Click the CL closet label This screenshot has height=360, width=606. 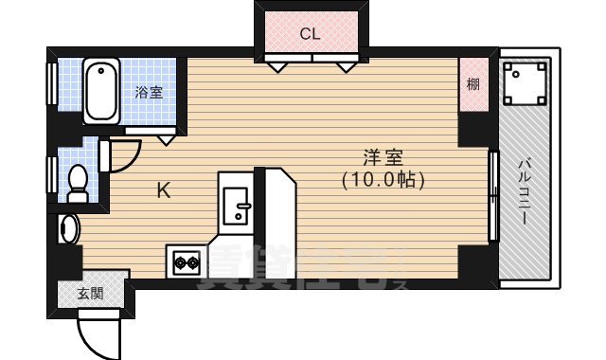click(310, 34)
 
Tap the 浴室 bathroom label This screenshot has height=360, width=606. click(148, 92)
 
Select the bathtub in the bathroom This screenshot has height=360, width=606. click(100, 92)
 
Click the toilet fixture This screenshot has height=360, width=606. click(77, 181)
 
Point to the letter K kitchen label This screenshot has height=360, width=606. click(163, 190)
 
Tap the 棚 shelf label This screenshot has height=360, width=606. click(472, 84)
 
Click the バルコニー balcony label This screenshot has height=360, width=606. click(524, 190)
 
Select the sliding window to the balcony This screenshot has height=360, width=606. click(492, 196)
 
